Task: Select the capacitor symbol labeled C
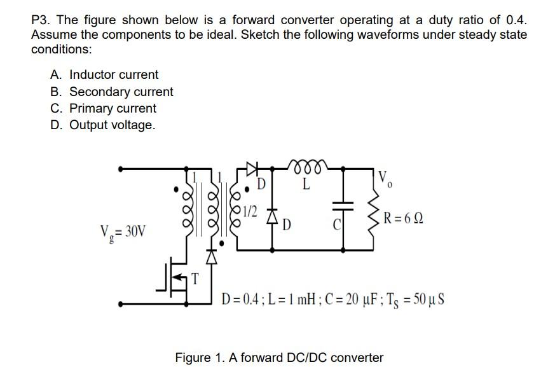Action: click(x=343, y=205)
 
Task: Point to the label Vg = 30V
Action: click(x=123, y=230)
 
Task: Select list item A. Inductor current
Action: click(x=104, y=75)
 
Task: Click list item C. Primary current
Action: click(x=103, y=108)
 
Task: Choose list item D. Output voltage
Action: click(x=102, y=125)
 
